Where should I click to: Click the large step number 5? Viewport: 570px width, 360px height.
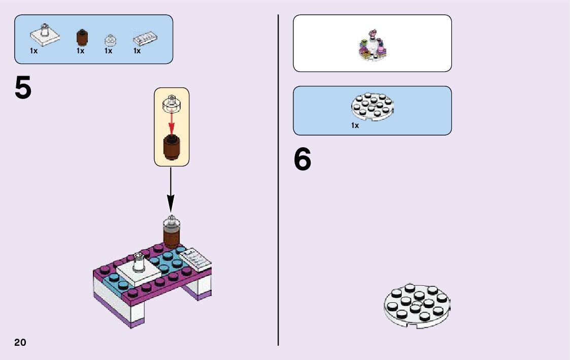(23, 88)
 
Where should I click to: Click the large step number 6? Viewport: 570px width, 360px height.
(303, 160)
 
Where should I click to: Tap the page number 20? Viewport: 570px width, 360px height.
(20, 342)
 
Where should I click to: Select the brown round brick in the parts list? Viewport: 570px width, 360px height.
(81, 38)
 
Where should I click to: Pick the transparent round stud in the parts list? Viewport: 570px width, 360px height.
(110, 41)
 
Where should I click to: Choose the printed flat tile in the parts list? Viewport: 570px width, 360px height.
(146, 39)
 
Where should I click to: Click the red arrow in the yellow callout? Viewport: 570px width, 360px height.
(172, 122)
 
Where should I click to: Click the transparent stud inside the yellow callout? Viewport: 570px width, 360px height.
(172, 104)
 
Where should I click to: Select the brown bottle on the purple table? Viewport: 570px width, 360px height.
(171, 235)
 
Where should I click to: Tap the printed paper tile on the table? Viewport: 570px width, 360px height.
(195, 258)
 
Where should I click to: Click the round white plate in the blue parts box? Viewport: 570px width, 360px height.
(373, 106)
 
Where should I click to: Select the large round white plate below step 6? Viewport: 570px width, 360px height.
(417, 305)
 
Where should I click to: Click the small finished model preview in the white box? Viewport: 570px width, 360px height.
(373, 47)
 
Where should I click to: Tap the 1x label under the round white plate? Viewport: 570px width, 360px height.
(355, 125)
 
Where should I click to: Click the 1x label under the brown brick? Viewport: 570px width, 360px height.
(81, 51)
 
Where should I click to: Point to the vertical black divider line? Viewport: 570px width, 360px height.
(278, 180)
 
